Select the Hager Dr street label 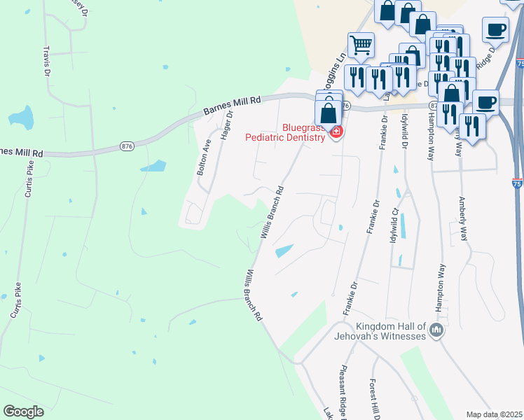[x=226, y=127]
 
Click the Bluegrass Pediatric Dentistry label [x=285, y=132]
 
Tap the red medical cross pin [x=337, y=132]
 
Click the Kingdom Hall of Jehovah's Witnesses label [x=391, y=332]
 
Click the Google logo [x=23, y=412]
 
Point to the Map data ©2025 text [x=494, y=414]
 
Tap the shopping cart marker [x=361, y=45]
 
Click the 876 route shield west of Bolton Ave [x=127, y=146]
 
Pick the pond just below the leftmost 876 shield [x=153, y=167]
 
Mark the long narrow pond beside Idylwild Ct [x=403, y=226]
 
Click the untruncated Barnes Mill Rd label [x=232, y=106]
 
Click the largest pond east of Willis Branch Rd [x=284, y=250]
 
